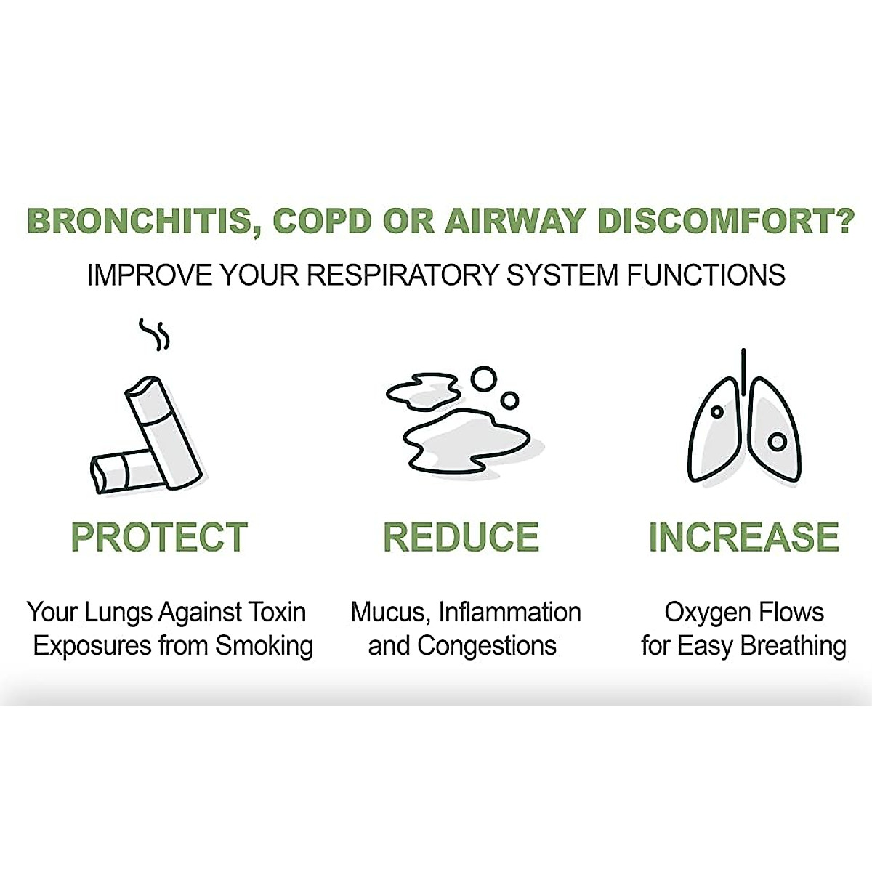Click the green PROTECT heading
159,538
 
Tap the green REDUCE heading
461,538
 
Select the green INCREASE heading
743,538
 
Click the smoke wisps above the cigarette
155,334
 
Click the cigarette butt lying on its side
120,472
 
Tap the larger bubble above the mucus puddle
483,379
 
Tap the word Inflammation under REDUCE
509,613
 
